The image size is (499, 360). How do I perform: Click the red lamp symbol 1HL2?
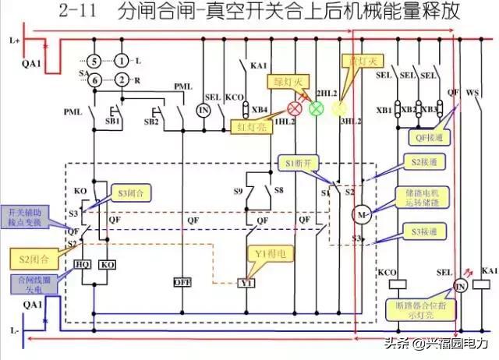coord(296,108)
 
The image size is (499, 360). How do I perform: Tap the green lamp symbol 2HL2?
coord(316,108)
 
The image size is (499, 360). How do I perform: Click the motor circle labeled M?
coord(360,213)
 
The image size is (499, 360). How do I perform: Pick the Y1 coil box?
coord(246,283)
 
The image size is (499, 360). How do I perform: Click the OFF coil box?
coord(182,281)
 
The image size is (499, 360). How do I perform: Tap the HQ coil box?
coord(83,265)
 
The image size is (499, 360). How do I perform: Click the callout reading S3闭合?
coord(132,191)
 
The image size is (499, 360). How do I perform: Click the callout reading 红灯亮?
coord(252,125)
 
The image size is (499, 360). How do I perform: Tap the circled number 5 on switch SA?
coord(93,60)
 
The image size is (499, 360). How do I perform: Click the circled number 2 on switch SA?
coord(122,79)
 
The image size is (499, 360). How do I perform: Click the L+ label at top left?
coord(13,39)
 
